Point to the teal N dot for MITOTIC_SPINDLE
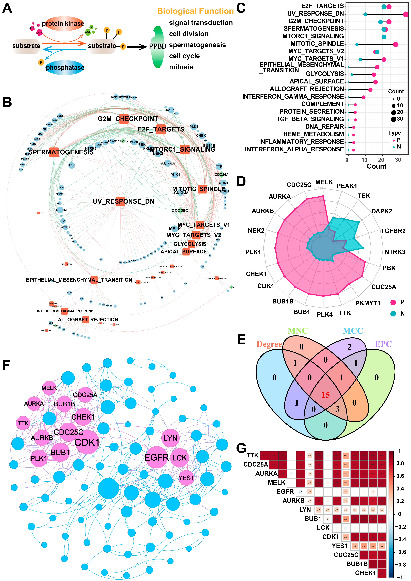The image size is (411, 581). [357, 45]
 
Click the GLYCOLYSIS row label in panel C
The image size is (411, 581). [324, 74]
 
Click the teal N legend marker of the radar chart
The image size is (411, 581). [393, 314]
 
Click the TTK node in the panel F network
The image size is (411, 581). [23, 423]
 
